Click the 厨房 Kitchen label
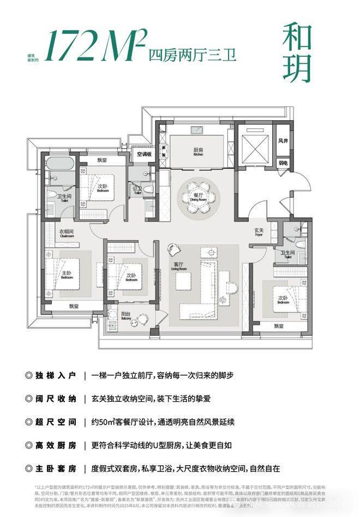(x=197, y=151)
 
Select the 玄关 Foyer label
(x=259, y=232)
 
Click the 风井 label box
(x=283, y=140)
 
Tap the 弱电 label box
(x=283, y=163)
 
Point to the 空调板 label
(x=144, y=154)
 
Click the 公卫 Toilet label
(x=137, y=191)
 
